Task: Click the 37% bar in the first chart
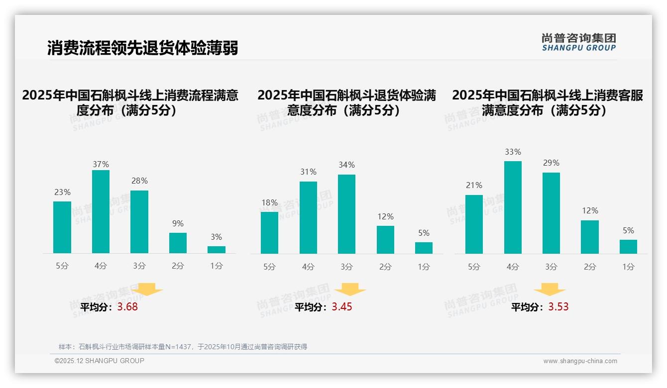click(101, 211)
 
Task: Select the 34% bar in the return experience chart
click(346, 214)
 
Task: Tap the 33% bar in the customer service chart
click(513, 207)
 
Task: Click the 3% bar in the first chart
click(217, 250)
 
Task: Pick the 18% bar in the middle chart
click(269, 233)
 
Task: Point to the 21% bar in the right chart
click(474, 224)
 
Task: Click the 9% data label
click(178, 224)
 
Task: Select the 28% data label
click(139, 181)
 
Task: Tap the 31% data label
click(308, 172)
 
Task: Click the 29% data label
click(551, 163)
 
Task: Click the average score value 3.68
click(127, 307)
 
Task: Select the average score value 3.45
click(342, 307)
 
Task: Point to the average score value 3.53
click(558, 307)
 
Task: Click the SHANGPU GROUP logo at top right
click(578, 42)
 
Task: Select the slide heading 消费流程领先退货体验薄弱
click(142, 48)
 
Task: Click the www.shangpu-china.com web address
click(580, 361)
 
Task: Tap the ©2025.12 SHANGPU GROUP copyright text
click(100, 361)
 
